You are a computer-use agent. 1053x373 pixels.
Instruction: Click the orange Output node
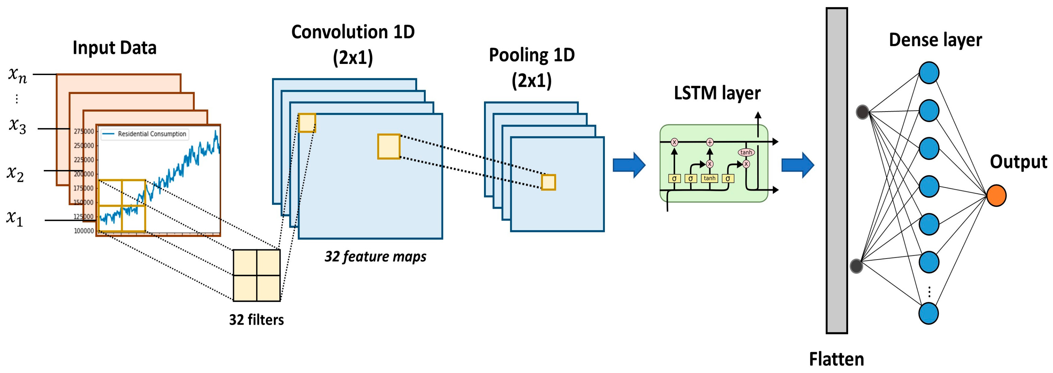(x=996, y=195)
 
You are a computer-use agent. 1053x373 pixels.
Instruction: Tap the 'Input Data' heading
(x=114, y=48)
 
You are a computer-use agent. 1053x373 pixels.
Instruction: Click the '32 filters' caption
(x=256, y=320)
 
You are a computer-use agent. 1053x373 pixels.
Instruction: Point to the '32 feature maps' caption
(x=375, y=257)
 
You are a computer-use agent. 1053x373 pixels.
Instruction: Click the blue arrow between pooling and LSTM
(x=629, y=165)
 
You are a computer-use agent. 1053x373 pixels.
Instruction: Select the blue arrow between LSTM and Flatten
(x=798, y=165)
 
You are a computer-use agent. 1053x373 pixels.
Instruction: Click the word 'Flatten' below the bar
(x=836, y=360)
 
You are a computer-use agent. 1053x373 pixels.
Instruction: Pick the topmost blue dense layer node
(x=929, y=73)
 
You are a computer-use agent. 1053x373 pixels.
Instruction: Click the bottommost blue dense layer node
(x=928, y=313)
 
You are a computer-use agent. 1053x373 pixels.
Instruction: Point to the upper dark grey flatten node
(x=862, y=112)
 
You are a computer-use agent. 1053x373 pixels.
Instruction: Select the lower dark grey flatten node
(x=856, y=266)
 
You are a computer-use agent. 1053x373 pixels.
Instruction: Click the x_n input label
(x=18, y=75)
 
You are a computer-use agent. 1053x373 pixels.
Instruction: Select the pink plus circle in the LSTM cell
(x=710, y=142)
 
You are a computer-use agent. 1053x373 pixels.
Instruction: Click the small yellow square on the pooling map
(x=548, y=182)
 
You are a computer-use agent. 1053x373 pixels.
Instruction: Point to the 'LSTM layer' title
(x=717, y=93)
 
